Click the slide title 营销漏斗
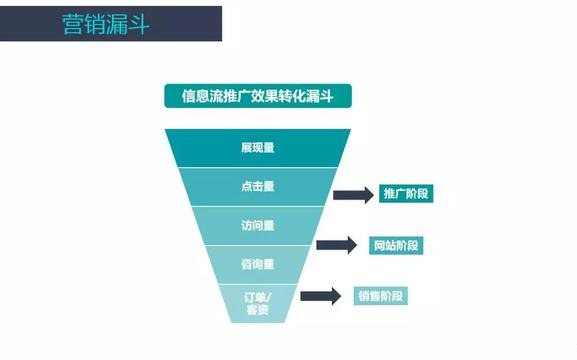[105, 23]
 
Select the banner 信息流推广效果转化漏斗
[257, 97]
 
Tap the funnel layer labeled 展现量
[257, 147]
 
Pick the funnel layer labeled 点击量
[257, 186]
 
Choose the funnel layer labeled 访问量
[257, 225]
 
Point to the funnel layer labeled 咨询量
[257, 264]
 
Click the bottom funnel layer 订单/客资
[257, 303]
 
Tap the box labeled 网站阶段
[397, 245]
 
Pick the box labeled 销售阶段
[383, 296]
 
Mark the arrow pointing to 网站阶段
[336, 245]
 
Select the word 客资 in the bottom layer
[257, 310]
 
